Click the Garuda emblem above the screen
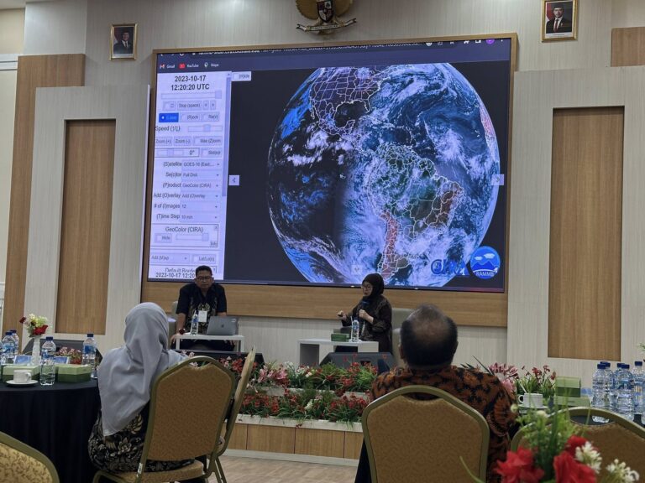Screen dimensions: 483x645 [x=325, y=13]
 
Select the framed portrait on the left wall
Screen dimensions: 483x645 [x=123, y=41]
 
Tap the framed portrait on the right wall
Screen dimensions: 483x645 [x=558, y=19]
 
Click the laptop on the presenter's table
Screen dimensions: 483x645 [x=222, y=325]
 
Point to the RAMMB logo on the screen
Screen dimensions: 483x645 [x=485, y=262]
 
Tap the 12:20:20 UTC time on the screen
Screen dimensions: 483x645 [x=191, y=86]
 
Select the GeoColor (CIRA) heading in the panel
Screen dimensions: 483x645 [x=184, y=229]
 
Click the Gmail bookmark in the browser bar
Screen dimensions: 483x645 [x=166, y=65]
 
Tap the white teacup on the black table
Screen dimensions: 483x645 [x=22, y=377]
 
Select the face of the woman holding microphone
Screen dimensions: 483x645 [x=369, y=289]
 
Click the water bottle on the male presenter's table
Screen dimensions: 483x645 [x=195, y=324]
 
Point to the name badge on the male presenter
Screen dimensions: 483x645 [x=202, y=315]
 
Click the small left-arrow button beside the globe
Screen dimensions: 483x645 [x=233, y=179]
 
